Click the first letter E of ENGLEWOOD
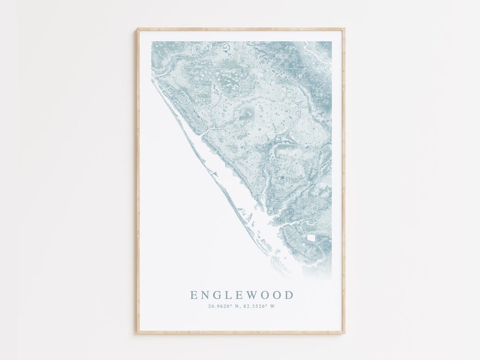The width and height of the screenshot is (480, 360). tap(193, 295)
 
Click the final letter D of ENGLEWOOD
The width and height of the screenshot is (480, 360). tap(289, 295)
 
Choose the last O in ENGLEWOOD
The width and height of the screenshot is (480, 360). tap(277, 295)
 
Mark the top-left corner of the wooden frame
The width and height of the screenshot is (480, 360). tap(137, 29)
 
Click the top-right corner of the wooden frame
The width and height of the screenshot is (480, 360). tap(344, 29)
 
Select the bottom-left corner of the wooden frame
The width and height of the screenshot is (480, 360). tap(137, 333)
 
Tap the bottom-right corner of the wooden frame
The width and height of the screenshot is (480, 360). tap(344, 333)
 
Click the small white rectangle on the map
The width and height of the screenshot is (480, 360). tap(311, 238)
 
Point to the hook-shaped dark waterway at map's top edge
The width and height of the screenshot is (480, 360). tap(227, 47)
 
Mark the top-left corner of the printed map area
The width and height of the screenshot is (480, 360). tap(152, 42)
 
